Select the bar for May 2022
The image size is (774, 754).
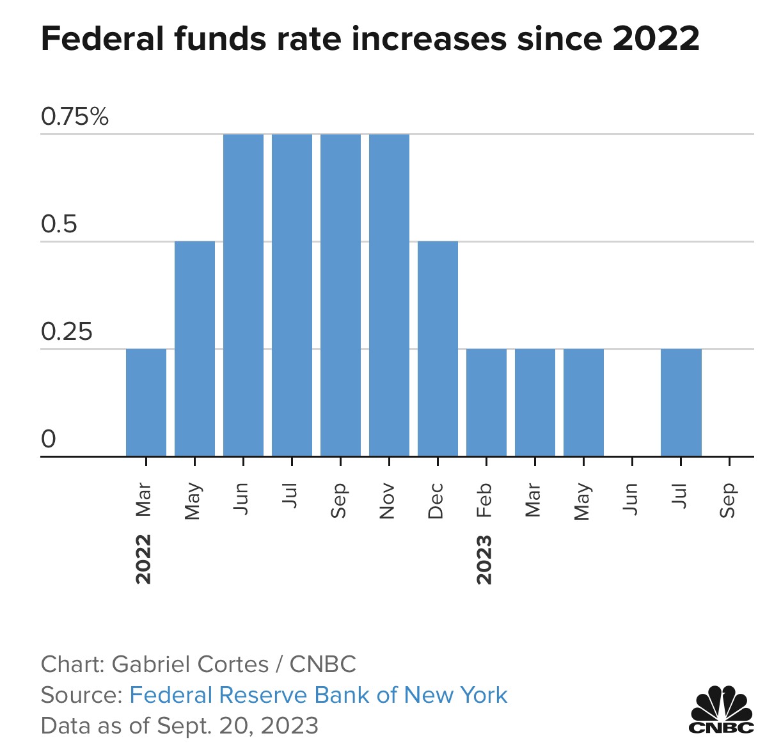(194, 349)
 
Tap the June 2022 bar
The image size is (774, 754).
(243, 295)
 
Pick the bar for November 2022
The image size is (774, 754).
(389, 295)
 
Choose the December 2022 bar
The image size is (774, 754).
(438, 349)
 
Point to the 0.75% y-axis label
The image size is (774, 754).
(75, 117)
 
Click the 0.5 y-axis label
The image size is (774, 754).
(59, 225)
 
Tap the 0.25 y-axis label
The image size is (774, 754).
(67, 332)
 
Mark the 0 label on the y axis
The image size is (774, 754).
(49, 440)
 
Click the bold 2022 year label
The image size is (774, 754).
(144, 559)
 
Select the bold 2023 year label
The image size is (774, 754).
(484, 559)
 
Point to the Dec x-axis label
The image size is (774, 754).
(436, 501)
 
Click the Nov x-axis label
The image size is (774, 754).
(387, 501)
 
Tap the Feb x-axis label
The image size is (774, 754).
(484, 501)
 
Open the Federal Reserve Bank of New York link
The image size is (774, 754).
(318, 695)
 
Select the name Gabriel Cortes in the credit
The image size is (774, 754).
(190, 664)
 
